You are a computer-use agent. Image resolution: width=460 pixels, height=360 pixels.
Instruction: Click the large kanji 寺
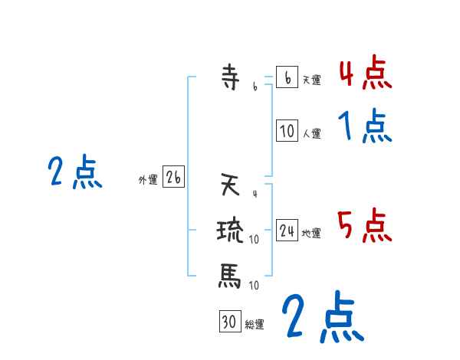click(x=229, y=77)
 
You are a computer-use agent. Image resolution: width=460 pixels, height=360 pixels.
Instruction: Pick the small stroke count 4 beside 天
click(x=255, y=185)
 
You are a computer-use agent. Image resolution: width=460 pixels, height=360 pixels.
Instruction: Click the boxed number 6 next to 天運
click(x=287, y=77)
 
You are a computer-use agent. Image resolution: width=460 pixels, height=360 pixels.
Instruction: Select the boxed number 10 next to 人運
click(x=287, y=131)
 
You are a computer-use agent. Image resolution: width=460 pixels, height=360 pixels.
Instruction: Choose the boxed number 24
click(x=287, y=231)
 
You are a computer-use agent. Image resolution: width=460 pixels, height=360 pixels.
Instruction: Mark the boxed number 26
click(x=173, y=178)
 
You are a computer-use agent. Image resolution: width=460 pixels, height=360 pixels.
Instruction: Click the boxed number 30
click(x=229, y=322)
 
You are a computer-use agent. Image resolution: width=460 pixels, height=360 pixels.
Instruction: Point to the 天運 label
click(x=311, y=80)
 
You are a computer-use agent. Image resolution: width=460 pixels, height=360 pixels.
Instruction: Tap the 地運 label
click(x=311, y=233)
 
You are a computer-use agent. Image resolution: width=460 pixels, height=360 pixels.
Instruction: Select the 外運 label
click(x=148, y=180)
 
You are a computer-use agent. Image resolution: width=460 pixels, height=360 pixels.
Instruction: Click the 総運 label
click(x=254, y=324)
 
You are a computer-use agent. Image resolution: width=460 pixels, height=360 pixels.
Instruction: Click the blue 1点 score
click(x=365, y=126)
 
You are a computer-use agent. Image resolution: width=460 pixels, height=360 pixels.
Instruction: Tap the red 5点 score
click(x=365, y=227)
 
